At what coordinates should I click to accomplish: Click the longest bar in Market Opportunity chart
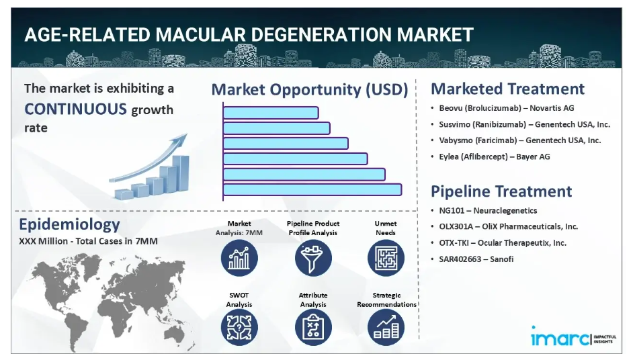pyautogui.click(x=312, y=189)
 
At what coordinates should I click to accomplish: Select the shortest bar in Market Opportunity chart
pyautogui.click(x=271, y=113)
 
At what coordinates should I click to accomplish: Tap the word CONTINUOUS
pyautogui.click(x=76, y=109)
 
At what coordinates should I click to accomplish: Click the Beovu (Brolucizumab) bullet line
pyautogui.click(x=507, y=108)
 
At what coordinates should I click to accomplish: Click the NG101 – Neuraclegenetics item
pyautogui.click(x=488, y=211)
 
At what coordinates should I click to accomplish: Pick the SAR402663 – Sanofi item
pyautogui.click(x=476, y=259)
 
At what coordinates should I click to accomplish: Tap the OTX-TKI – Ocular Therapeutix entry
pyautogui.click(x=503, y=243)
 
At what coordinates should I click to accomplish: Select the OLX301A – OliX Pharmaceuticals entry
pyautogui.click(x=508, y=227)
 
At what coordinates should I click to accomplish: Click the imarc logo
pyautogui.click(x=573, y=336)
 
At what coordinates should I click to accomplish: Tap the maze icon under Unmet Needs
pyautogui.click(x=386, y=258)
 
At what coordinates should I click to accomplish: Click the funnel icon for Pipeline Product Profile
pyautogui.click(x=313, y=258)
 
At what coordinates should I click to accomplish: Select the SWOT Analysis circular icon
pyautogui.click(x=239, y=327)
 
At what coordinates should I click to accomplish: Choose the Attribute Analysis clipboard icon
pyautogui.click(x=313, y=327)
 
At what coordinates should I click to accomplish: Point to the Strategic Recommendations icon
pyautogui.click(x=386, y=327)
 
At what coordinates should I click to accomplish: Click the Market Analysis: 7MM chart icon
pyautogui.click(x=239, y=258)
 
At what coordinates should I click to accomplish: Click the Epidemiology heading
pyautogui.click(x=69, y=225)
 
